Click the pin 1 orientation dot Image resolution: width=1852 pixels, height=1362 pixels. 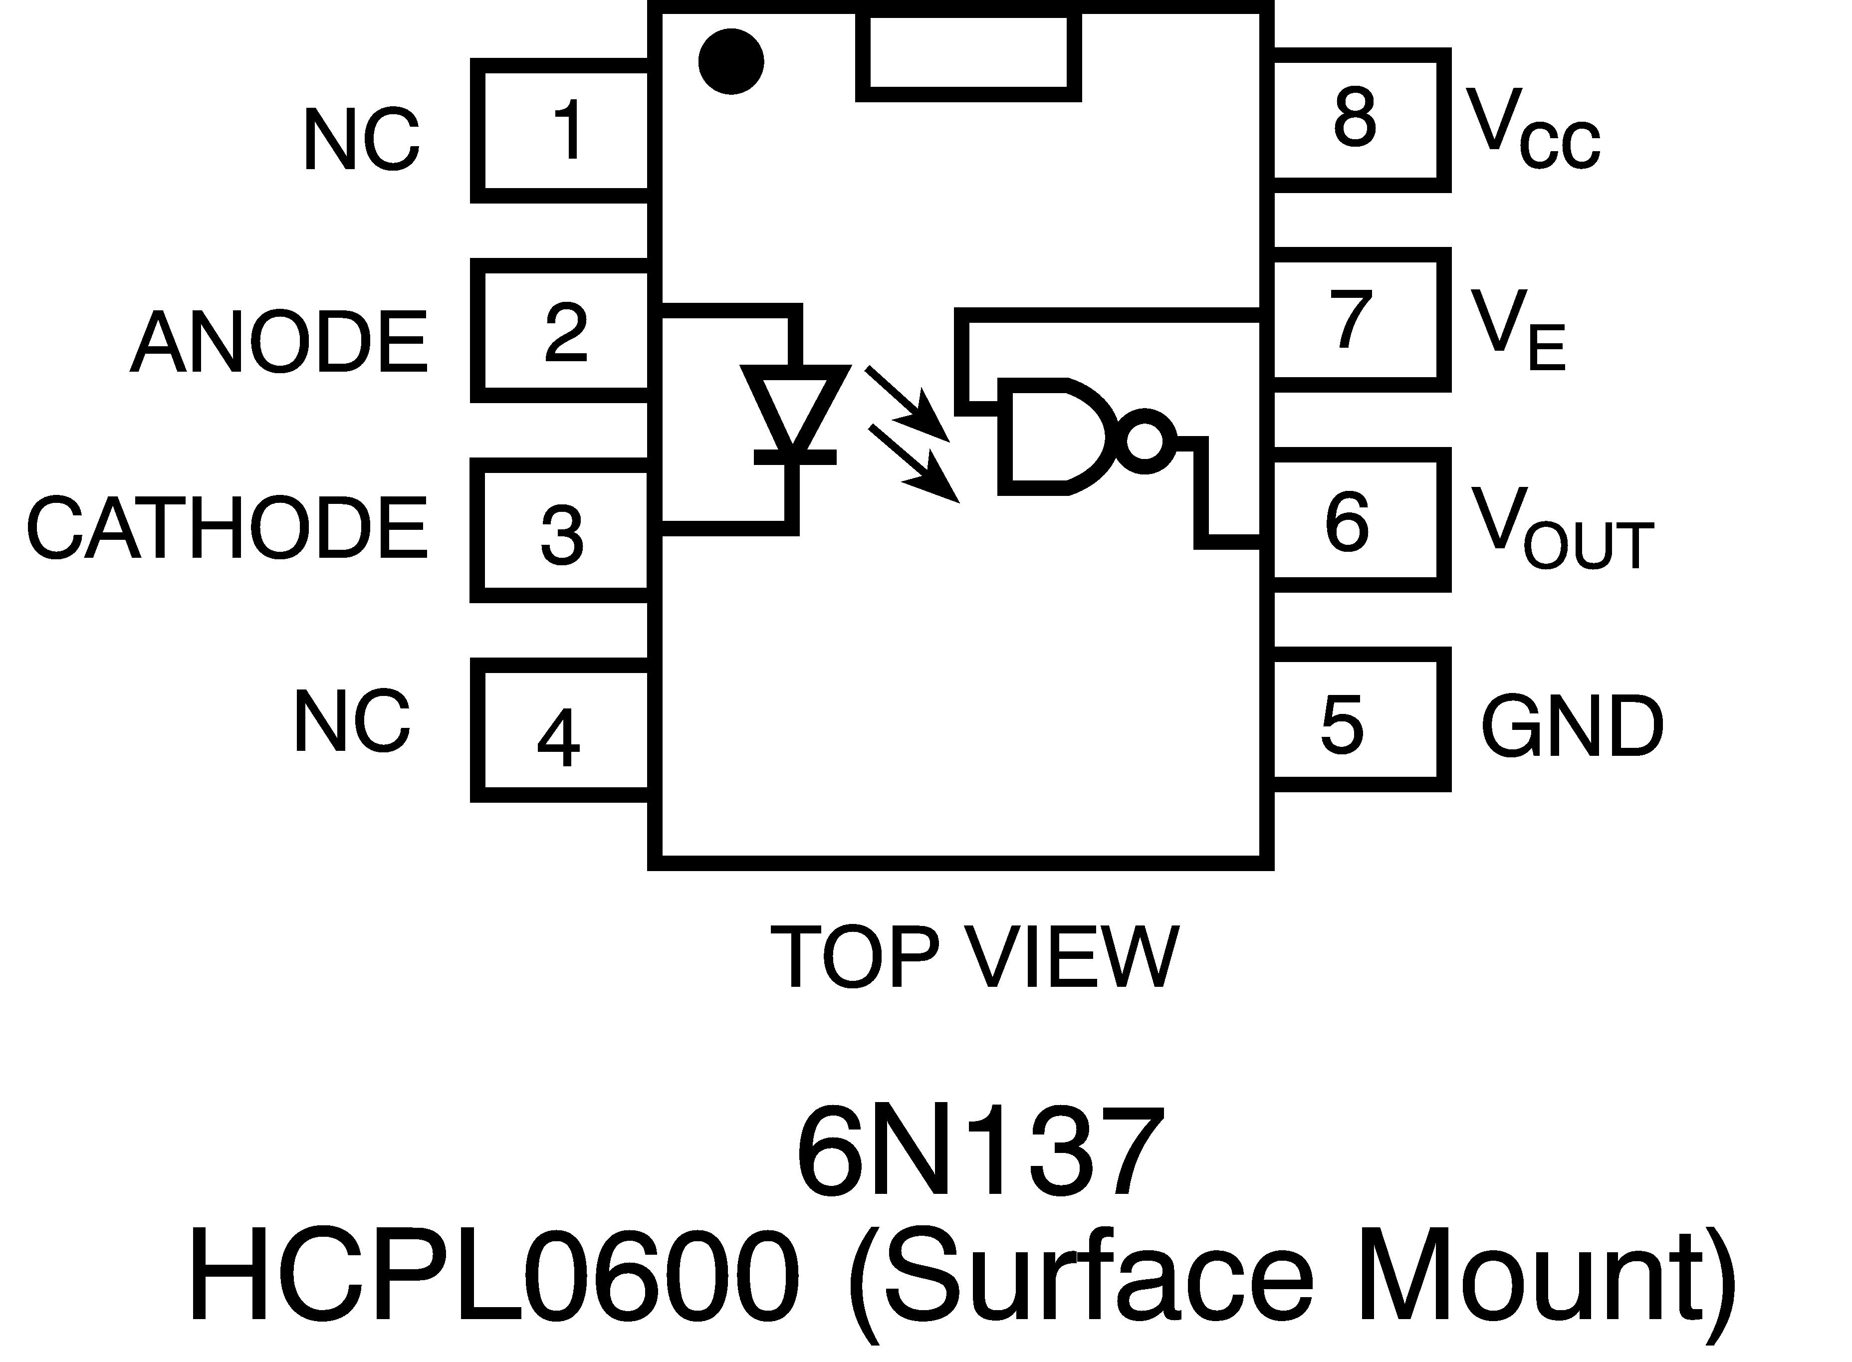coord(730,62)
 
